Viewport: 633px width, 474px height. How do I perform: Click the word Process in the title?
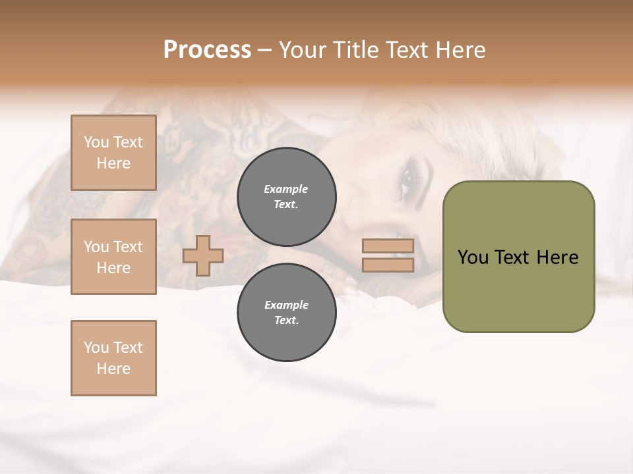click(x=207, y=50)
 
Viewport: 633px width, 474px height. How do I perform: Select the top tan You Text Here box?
click(x=113, y=153)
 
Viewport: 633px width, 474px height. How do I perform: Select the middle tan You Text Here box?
click(x=113, y=257)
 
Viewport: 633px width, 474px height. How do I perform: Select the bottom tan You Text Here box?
click(x=113, y=358)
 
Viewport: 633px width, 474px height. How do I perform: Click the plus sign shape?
click(x=203, y=255)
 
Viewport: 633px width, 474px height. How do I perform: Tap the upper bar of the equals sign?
click(x=388, y=246)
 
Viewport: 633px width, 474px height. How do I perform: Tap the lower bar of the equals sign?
click(x=388, y=265)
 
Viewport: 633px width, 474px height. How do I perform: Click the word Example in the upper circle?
click(x=286, y=189)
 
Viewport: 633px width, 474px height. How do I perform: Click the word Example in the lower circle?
click(x=286, y=305)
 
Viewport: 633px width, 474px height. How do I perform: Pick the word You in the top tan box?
click(x=96, y=142)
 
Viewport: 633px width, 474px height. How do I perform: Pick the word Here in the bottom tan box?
click(x=113, y=369)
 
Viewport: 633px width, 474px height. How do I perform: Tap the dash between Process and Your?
click(x=264, y=50)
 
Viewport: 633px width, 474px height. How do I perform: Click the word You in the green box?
click(x=473, y=257)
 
